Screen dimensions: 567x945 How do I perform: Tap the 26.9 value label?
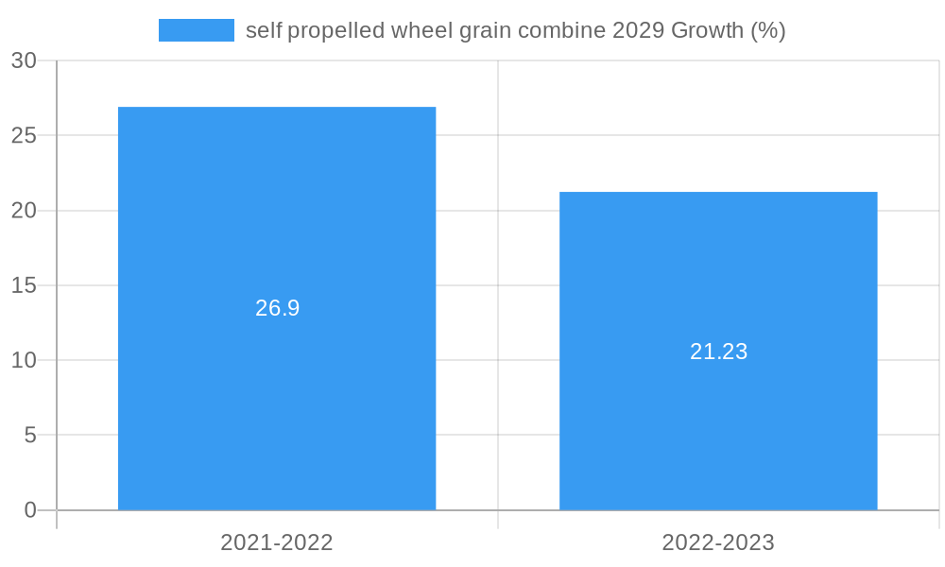(277, 308)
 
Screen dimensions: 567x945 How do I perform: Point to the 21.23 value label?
(718, 352)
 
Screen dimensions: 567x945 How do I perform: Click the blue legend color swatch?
(196, 30)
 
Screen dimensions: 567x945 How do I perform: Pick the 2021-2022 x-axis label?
(277, 542)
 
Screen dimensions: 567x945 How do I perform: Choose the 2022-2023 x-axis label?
(718, 542)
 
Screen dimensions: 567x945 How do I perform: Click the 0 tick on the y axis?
(29, 510)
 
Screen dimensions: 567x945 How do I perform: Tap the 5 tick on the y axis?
(29, 436)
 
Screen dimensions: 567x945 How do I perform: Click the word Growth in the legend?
(707, 30)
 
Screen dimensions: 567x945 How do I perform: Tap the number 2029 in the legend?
(638, 30)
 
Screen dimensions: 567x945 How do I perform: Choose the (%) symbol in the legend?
(768, 30)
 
